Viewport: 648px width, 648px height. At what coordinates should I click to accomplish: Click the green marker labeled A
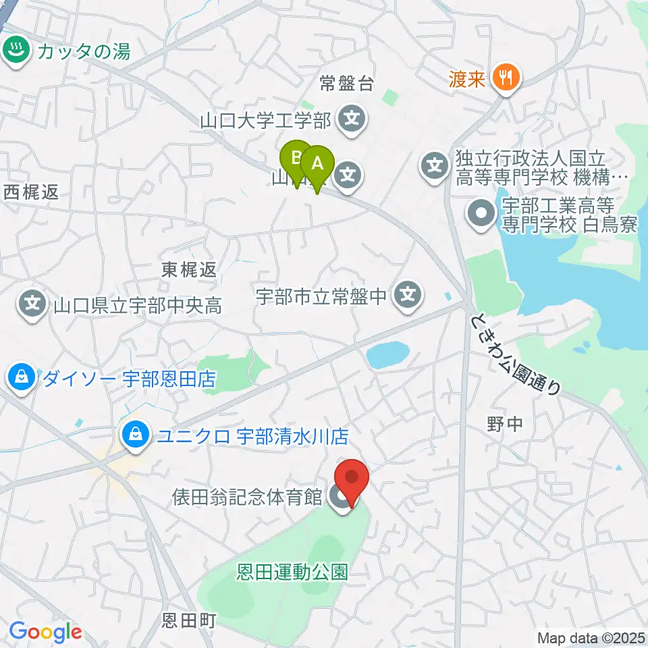pos(317,163)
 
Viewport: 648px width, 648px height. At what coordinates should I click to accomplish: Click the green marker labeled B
pos(296,158)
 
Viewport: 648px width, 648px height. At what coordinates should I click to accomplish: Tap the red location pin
pos(352,478)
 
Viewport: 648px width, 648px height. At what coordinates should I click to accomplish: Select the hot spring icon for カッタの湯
pos(13,49)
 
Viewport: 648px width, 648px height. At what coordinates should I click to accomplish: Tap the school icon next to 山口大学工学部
pos(352,121)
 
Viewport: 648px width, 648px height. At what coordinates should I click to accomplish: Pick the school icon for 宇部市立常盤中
pos(408,294)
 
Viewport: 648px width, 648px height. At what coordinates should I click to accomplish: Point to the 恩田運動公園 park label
pos(292,573)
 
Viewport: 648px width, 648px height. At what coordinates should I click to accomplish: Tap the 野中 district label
pos(504,424)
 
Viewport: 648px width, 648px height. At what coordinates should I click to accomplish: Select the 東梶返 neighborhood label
pos(189,270)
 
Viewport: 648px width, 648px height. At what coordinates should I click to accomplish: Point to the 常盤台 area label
pos(346,84)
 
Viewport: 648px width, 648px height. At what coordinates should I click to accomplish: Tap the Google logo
pos(45,632)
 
